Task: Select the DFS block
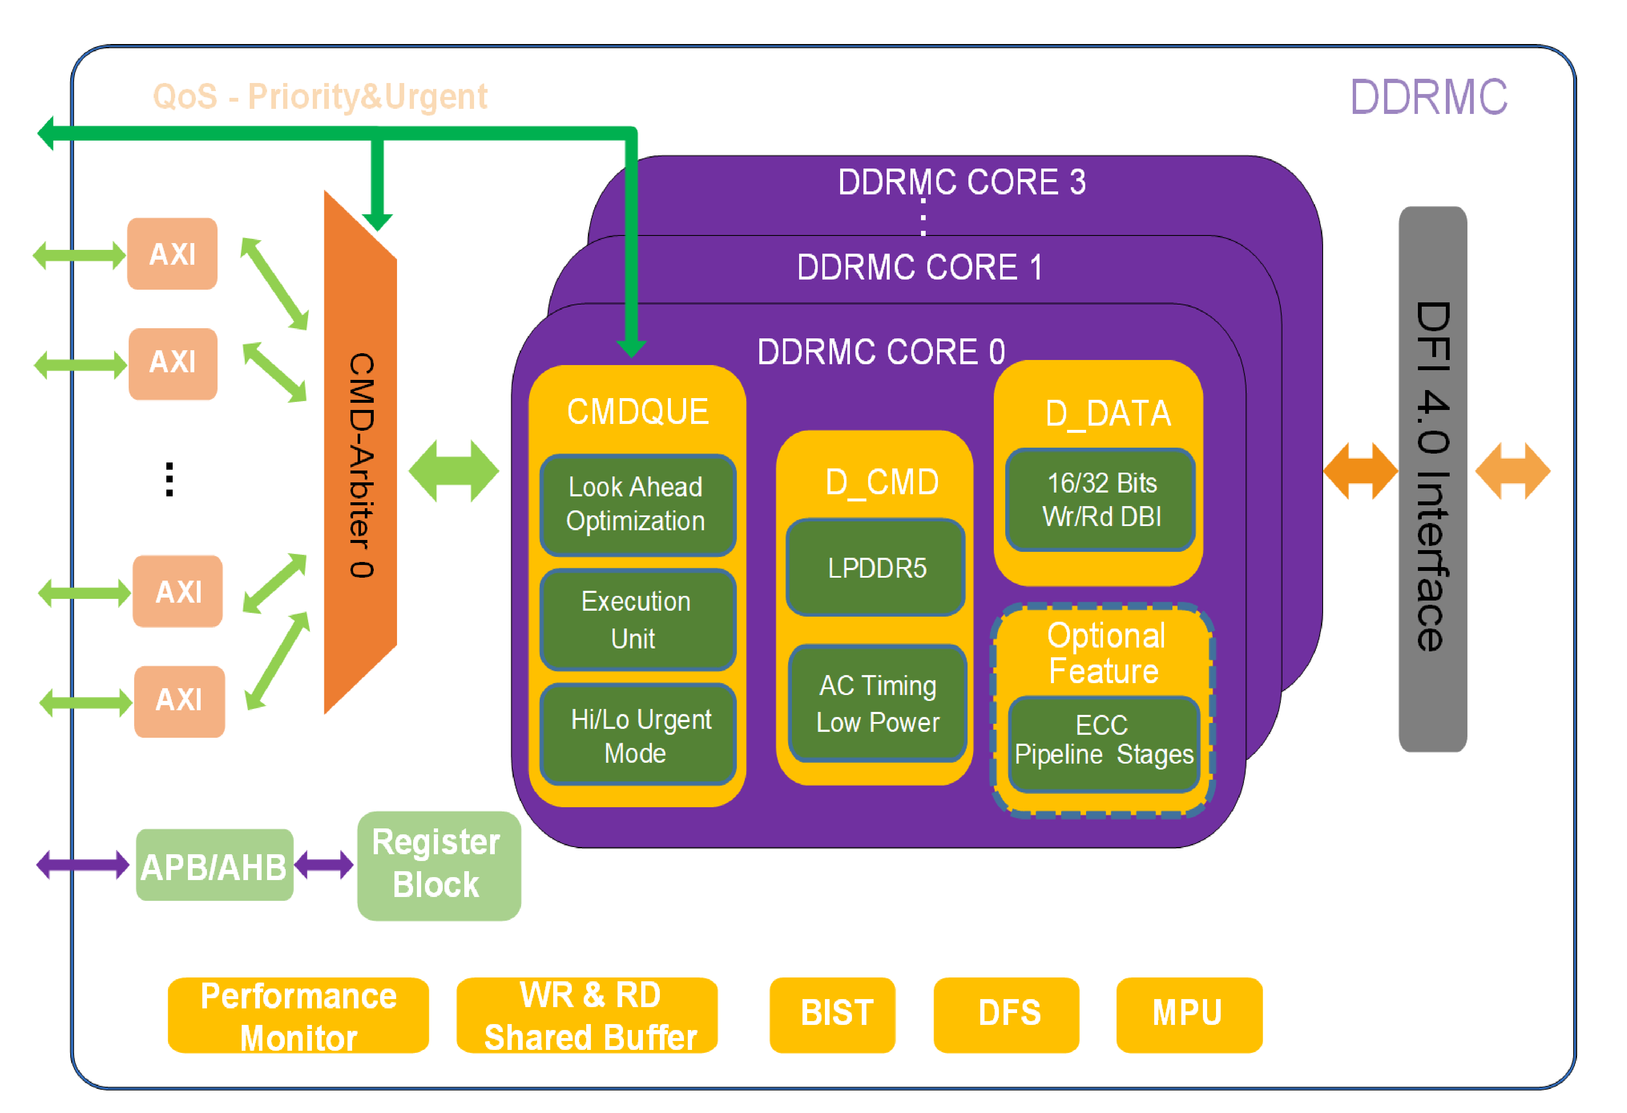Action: point(1006,1014)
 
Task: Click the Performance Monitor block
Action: point(298,1016)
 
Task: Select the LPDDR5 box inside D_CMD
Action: point(876,568)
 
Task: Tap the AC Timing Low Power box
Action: point(877,703)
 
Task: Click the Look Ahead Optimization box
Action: point(637,504)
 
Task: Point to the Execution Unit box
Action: point(637,619)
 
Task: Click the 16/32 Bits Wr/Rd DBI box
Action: point(1100,499)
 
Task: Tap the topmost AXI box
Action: point(172,254)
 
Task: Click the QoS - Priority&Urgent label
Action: point(320,97)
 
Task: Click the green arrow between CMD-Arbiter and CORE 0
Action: point(454,471)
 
